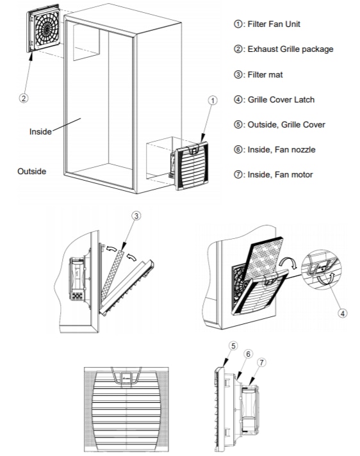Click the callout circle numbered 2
tap(24, 99)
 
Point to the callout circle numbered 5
tap(233, 346)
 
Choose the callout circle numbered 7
tap(263, 363)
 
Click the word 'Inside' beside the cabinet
tap(41, 131)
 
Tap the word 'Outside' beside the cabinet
tap(31, 171)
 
